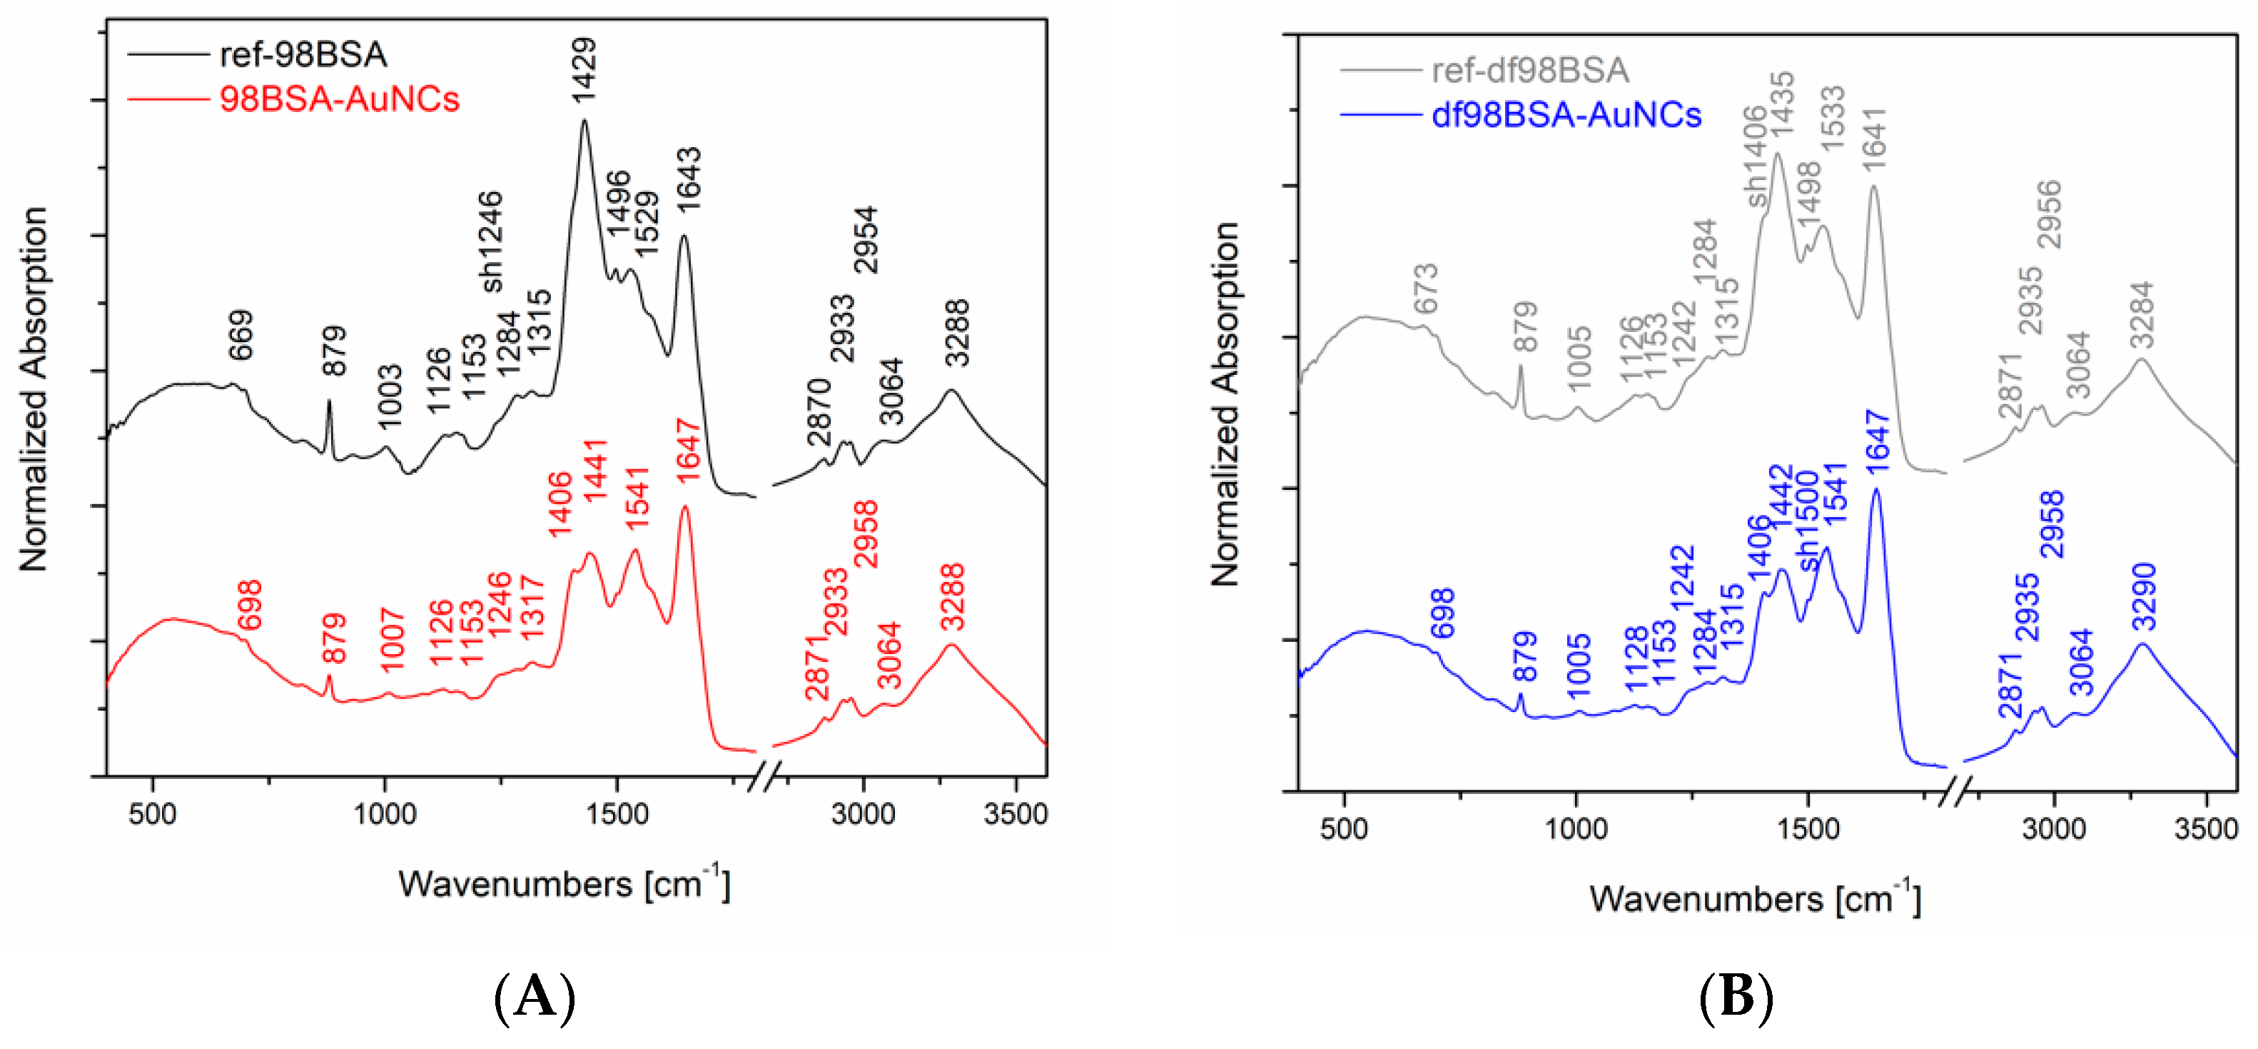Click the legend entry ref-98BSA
pyautogui.click(x=303, y=54)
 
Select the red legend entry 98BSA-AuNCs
pyautogui.click(x=338, y=99)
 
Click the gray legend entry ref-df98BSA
pyautogui.click(x=1529, y=70)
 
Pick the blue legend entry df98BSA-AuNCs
pyautogui.click(x=1566, y=115)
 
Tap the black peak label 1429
pyautogui.click(x=584, y=70)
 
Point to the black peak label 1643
pyautogui.click(x=688, y=179)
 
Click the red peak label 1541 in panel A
pyautogui.click(x=637, y=498)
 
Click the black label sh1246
pyautogui.click(x=491, y=241)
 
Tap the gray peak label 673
pyautogui.click(x=1426, y=288)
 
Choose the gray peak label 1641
pyautogui.click(x=1873, y=139)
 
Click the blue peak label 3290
pyautogui.click(x=2143, y=596)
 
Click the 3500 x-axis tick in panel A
pyautogui.click(x=1015, y=814)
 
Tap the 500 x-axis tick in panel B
pyautogui.click(x=1343, y=829)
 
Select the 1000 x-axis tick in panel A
pyautogui.click(x=385, y=814)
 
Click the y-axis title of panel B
pyautogui.click(x=1225, y=403)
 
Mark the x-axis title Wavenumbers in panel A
pyautogui.click(x=564, y=883)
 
